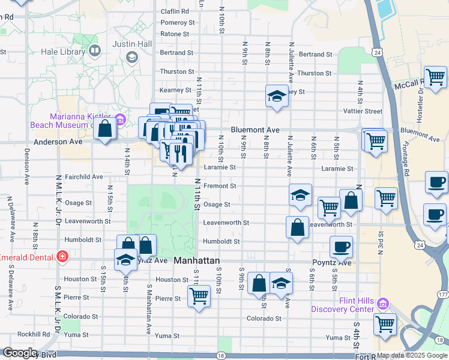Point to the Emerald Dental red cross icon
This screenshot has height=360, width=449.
[x=62, y=257]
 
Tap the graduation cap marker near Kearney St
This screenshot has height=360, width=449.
[x=277, y=96]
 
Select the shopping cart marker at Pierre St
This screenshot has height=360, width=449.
[x=198, y=295]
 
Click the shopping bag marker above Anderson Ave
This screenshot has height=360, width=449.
[x=105, y=128]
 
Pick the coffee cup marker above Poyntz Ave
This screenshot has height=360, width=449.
[x=341, y=246]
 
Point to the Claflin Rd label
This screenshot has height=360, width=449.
[x=175, y=11]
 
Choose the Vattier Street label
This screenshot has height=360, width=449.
[x=363, y=111]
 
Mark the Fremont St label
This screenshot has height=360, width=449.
[x=220, y=186]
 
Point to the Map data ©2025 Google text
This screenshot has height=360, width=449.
[x=412, y=355]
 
